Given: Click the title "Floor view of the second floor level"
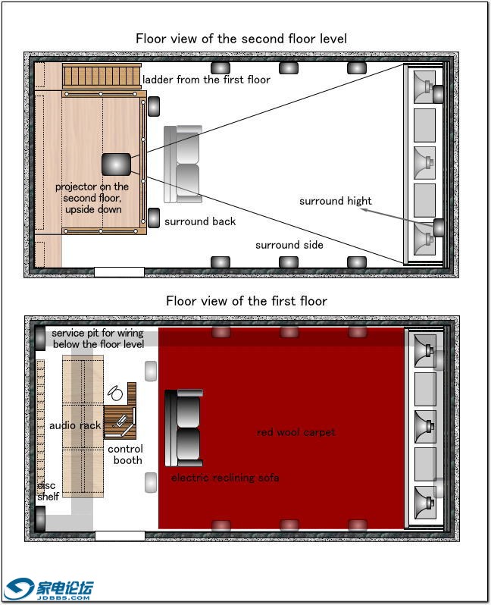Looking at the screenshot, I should (241, 38).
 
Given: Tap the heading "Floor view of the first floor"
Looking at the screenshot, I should (246, 301).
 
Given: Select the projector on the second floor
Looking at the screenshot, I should (117, 163).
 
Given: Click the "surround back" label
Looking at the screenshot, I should (200, 221).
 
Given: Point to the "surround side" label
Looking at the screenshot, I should (289, 245).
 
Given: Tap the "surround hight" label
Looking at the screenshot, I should (335, 201).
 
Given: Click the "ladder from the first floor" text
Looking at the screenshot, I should (206, 79).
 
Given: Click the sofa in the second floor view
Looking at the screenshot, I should (183, 165).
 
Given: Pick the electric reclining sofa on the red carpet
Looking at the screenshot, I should (184, 428).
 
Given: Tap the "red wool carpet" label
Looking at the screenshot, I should (296, 432).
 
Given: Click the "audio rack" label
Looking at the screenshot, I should (75, 425).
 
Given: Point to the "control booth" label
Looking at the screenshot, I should (126, 454).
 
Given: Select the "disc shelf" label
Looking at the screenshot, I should (47, 491).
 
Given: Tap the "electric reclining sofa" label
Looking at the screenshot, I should (224, 478).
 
